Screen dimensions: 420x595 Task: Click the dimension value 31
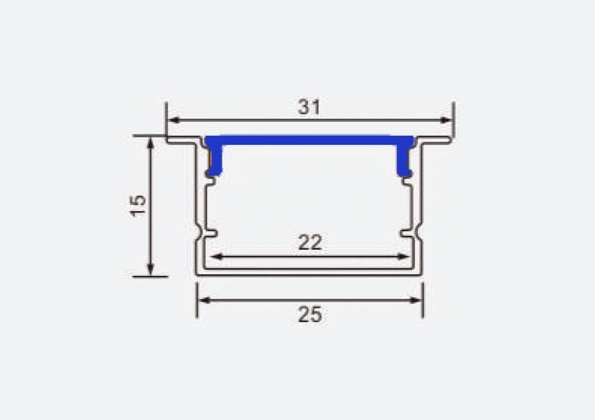[x=309, y=107]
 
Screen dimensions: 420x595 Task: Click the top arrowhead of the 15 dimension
[x=151, y=141]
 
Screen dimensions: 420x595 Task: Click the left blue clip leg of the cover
[x=215, y=161]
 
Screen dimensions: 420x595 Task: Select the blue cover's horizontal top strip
[x=309, y=139]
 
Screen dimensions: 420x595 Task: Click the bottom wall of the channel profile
[x=309, y=272]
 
